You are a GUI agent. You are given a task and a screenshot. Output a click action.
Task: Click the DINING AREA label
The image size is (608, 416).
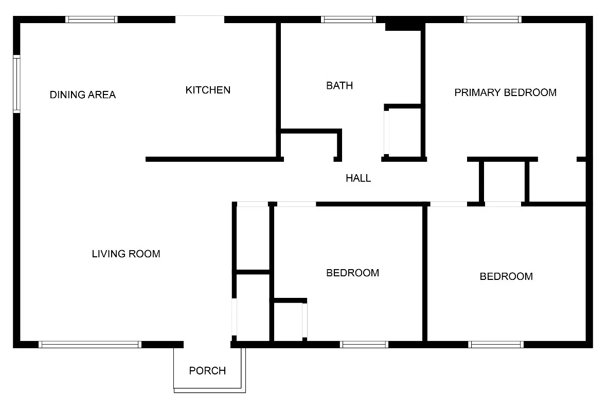83,95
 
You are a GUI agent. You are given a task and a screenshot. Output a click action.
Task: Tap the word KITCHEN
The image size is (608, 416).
208,90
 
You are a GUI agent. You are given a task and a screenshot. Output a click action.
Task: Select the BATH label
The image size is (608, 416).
339,86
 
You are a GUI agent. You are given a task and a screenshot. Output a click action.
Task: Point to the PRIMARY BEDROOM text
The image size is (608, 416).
505,93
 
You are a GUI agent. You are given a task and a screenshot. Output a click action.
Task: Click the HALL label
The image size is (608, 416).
358,179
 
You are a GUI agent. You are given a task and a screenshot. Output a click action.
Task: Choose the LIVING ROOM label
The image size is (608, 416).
126,254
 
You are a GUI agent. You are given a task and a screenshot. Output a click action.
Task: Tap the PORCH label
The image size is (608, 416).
207,371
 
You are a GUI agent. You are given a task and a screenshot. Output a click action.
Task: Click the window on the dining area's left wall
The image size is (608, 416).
16,85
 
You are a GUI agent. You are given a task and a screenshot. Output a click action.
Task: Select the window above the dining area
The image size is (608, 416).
92,20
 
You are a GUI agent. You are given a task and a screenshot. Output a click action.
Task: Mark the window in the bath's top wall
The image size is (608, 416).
349,20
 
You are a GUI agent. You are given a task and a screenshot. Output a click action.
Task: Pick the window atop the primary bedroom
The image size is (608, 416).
493,20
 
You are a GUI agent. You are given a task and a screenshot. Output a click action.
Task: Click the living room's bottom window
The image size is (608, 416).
90,344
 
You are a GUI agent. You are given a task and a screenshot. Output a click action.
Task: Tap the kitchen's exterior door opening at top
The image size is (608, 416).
200,20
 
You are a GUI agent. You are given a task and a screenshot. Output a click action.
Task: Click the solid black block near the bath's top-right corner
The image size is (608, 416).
404,24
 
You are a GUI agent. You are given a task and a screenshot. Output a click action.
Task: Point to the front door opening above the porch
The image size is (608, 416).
207,344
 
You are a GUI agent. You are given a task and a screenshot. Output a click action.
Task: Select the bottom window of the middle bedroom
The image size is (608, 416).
364,344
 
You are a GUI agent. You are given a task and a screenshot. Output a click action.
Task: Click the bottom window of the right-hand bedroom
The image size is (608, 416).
496,344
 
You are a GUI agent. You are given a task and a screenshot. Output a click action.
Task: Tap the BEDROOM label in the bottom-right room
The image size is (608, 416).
506,277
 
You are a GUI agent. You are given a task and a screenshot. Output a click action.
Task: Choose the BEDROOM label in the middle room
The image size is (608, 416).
353,273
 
